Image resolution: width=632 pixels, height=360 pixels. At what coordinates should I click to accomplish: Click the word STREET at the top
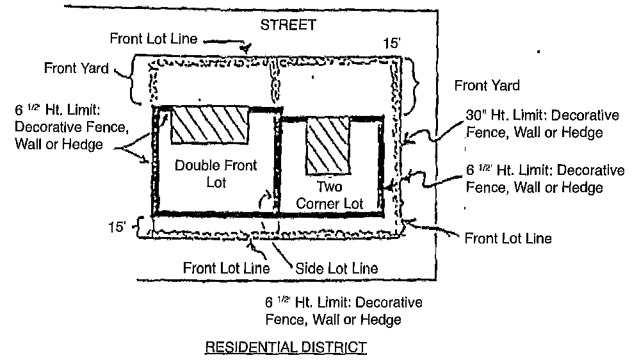click(288, 26)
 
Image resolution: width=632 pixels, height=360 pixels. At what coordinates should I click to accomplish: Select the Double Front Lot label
click(207, 174)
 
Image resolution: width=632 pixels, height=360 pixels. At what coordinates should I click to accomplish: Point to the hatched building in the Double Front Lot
click(209, 124)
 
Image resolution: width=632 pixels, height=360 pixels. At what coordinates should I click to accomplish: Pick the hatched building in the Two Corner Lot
click(328, 146)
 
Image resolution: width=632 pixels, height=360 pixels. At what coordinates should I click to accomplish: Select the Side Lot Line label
click(336, 267)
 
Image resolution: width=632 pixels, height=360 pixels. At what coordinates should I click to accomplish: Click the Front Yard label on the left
click(77, 68)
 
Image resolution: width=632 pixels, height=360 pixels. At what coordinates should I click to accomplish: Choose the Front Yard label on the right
click(487, 85)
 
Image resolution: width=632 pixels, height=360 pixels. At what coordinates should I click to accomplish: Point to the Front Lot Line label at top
click(153, 37)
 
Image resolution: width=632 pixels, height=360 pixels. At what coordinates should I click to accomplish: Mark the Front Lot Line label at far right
click(508, 239)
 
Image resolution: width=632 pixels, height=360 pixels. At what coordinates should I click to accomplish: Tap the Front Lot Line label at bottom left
click(225, 267)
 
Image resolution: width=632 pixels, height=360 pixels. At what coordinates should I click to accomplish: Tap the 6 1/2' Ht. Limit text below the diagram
click(343, 310)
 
